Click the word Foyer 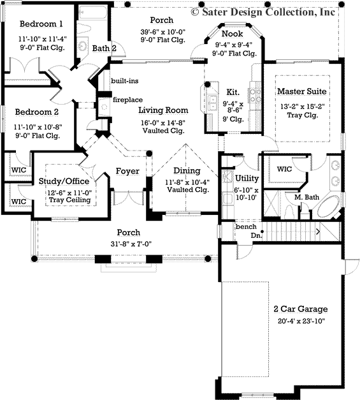127,171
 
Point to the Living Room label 163,110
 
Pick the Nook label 231,34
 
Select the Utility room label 247,178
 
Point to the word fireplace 127,100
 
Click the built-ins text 124,81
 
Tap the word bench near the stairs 246,226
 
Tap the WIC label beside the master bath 284,169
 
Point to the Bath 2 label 104,48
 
